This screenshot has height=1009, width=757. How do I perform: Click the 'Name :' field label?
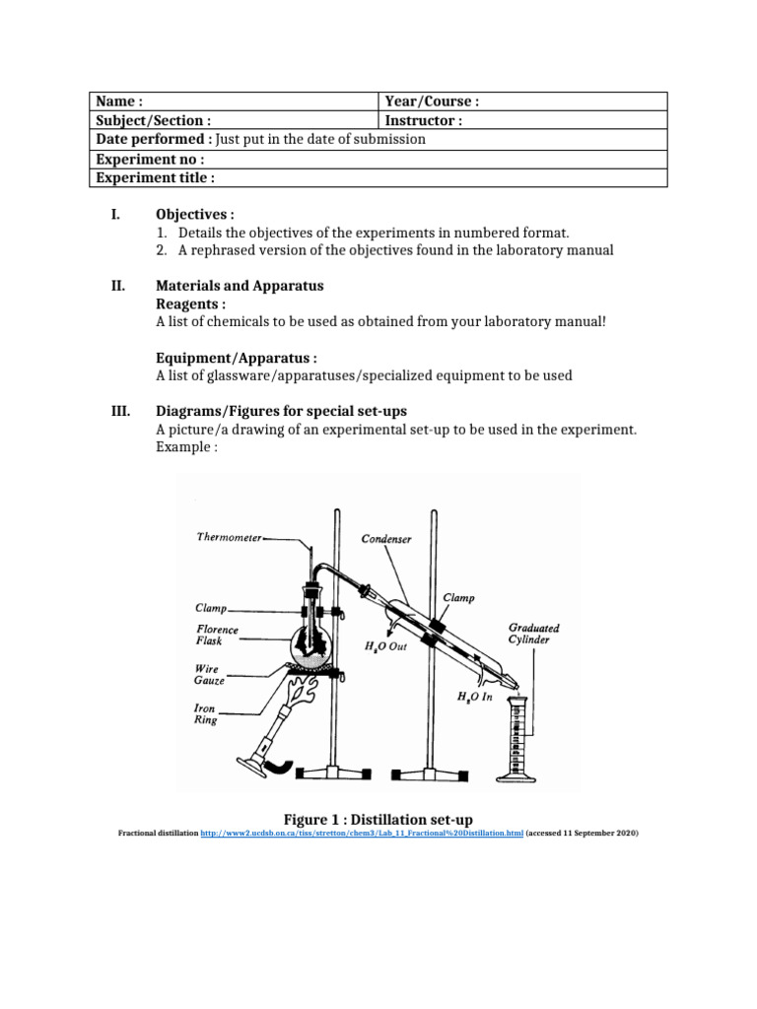pos(119,101)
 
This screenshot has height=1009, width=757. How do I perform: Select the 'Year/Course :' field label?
pos(432,101)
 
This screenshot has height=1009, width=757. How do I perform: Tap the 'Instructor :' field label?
pos(424,120)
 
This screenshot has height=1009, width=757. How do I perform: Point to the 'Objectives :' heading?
pos(195,214)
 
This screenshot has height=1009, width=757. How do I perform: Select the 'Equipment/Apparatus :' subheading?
pos(237,358)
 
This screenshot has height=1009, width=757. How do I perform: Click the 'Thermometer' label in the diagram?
pos(229,538)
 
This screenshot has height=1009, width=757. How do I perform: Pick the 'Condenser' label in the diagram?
pos(385,539)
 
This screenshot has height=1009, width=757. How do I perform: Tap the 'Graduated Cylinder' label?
pos(534,633)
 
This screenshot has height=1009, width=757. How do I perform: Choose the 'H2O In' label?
pos(477,697)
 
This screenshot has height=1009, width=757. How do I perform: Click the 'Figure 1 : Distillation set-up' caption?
pos(378,819)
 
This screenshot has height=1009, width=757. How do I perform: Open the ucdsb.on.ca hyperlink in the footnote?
pos(361,834)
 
